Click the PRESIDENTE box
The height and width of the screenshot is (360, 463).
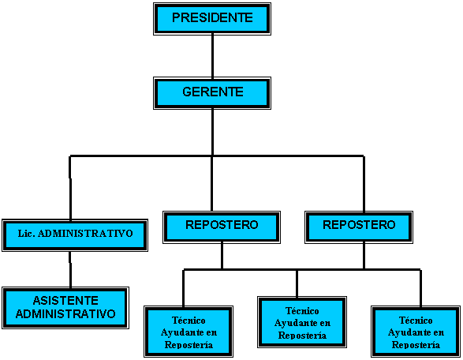(x=212, y=19)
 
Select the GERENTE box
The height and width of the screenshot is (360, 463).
(x=212, y=93)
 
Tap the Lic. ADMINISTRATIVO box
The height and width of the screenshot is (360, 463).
(x=75, y=235)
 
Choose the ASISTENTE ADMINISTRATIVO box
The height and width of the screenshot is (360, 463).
(x=65, y=308)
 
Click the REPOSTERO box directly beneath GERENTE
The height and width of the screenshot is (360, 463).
(x=222, y=227)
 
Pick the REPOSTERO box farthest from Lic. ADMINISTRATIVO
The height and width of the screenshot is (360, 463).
(x=359, y=227)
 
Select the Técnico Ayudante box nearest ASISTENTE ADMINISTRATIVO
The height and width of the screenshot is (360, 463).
(x=189, y=332)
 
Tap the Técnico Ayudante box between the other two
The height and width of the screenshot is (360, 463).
(x=302, y=322)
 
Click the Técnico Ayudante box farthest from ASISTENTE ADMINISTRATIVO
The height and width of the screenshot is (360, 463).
(x=416, y=332)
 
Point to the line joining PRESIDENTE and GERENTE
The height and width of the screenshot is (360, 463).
(x=212, y=56)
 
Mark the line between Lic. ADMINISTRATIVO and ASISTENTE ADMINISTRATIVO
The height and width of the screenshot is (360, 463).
(x=70, y=269)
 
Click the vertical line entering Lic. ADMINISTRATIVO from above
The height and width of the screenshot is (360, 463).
(x=70, y=188)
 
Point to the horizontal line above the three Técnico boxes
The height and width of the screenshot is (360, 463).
(x=302, y=269)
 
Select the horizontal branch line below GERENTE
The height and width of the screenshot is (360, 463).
(x=217, y=156)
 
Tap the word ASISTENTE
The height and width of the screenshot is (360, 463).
(x=65, y=301)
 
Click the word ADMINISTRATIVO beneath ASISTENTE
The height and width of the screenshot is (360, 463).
(x=65, y=313)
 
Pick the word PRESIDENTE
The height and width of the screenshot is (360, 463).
(x=212, y=17)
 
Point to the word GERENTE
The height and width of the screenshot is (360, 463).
(x=213, y=92)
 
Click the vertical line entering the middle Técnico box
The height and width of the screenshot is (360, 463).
(x=297, y=283)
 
